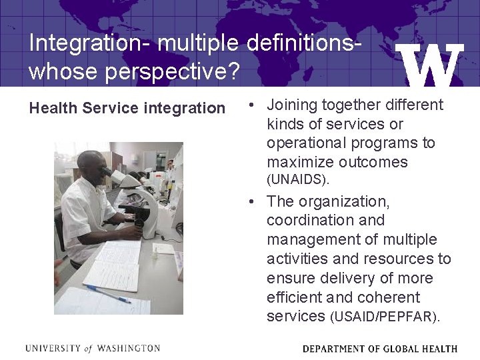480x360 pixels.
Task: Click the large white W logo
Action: (429, 65)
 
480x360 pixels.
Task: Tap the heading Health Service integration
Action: (127, 108)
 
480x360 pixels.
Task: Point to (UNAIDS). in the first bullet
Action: (298, 180)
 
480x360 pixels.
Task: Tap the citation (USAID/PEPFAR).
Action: (385, 317)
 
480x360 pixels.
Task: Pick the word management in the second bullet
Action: (314, 239)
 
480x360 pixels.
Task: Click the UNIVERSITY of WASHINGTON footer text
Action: (93, 348)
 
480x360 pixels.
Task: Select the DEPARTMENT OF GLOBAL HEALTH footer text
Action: (379, 349)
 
